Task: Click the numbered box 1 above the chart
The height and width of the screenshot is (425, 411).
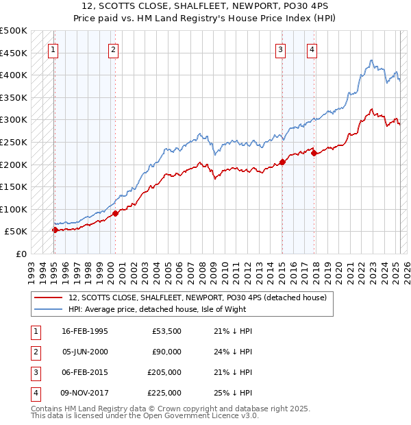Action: (x=53, y=49)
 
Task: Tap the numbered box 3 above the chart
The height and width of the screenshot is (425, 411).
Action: (x=281, y=49)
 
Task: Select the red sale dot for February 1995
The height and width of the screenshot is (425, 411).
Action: (x=55, y=230)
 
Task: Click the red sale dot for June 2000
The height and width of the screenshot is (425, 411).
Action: (x=116, y=213)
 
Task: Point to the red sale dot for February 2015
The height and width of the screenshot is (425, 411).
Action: (x=282, y=162)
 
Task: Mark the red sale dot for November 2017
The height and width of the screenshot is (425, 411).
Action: (x=314, y=154)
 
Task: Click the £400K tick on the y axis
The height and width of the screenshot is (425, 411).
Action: (x=14, y=75)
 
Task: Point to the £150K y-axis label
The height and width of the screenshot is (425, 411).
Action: (x=14, y=186)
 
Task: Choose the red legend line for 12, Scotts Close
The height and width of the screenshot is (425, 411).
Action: (x=48, y=298)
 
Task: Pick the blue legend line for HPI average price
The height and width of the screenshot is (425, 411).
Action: (x=48, y=309)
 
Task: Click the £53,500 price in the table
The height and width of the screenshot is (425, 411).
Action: (x=167, y=331)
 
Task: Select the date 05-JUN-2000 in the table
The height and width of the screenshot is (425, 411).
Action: (x=85, y=352)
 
